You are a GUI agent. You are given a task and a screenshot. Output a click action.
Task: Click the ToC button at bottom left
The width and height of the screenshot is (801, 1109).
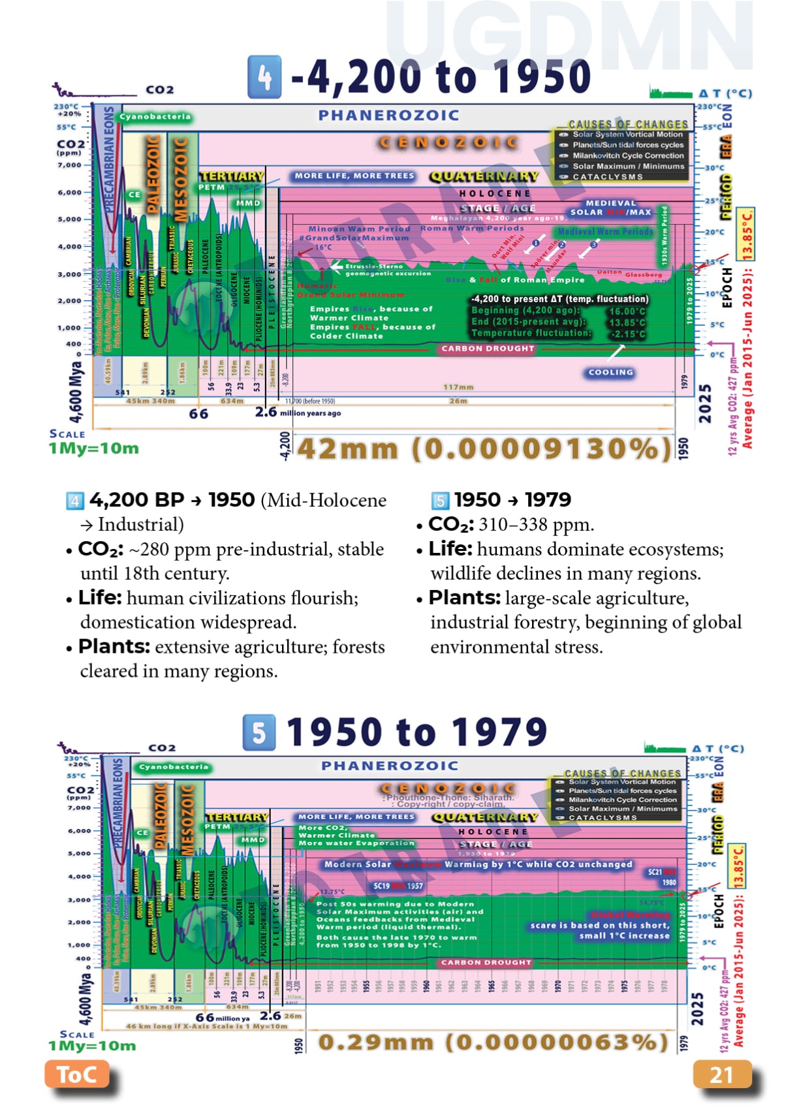coord(77,1074)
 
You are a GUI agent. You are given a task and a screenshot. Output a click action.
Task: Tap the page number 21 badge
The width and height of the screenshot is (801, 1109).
coord(721,1074)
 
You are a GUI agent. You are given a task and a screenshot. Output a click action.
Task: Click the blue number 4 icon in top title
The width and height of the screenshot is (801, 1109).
coord(264,77)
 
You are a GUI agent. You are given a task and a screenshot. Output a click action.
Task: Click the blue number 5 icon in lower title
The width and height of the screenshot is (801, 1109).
coord(259,732)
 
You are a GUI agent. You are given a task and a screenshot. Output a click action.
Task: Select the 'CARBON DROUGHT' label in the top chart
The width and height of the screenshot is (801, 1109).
coord(488,349)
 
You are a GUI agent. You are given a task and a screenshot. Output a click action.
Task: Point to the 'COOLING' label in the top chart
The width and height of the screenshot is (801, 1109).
coord(610,372)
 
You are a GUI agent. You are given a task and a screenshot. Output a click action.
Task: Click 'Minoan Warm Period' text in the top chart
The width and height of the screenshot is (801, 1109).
coord(359,228)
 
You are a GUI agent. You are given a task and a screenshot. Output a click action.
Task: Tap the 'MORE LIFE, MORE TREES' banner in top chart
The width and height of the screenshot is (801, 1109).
coord(354,176)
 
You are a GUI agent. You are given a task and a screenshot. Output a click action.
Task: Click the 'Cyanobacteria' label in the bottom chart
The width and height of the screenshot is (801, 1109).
coord(174,767)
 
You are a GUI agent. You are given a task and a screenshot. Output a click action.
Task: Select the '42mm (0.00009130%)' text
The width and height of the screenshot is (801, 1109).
coord(484,448)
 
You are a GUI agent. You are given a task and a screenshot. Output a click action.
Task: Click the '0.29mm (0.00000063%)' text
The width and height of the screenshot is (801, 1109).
coord(493,1041)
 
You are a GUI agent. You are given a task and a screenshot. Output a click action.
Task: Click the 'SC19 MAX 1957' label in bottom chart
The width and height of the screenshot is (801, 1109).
coord(398,886)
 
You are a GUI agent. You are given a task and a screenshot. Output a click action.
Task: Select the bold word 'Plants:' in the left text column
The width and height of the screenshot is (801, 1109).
coord(114,647)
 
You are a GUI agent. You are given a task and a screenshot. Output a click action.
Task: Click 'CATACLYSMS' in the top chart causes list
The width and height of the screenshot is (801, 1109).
coord(607,177)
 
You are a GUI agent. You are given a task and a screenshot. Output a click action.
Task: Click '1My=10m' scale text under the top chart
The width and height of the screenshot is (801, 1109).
coord(93,448)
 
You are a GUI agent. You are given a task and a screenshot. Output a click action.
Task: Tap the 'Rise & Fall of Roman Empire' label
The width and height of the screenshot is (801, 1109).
coord(515,279)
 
